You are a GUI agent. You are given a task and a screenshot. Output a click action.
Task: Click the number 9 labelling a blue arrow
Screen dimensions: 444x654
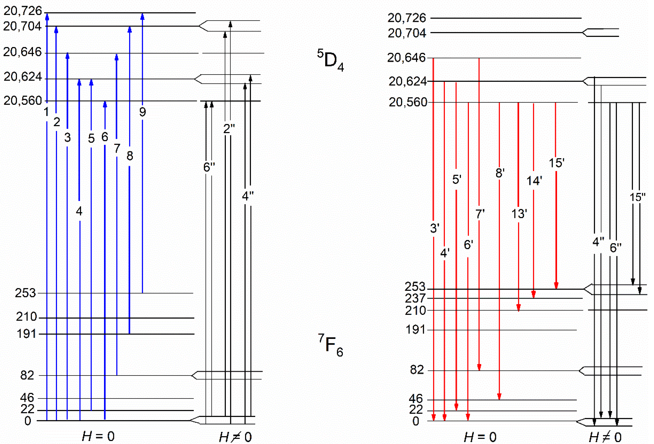click(x=142, y=112)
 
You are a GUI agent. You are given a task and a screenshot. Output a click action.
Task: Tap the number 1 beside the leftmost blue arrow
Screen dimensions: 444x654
click(x=46, y=112)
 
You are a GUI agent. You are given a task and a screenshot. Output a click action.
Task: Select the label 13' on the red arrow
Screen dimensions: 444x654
click(x=519, y=214)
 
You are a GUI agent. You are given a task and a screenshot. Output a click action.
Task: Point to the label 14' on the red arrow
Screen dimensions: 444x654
click(x=534, y=181)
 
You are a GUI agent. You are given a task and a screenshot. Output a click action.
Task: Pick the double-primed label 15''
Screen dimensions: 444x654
click(x=637, y=197)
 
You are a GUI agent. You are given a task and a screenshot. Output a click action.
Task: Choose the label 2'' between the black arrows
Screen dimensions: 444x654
click(x=229, y=129)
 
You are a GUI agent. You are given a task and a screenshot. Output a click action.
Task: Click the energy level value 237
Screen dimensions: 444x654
click(x=415, y=298)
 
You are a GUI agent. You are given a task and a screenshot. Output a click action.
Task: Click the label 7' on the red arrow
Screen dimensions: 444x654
click(x=480, y=214)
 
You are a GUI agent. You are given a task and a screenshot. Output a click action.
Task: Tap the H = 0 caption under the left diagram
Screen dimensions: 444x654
click(x=98, y=436)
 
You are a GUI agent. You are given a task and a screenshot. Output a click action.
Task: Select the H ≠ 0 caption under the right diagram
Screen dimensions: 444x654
click(x=605, y=437)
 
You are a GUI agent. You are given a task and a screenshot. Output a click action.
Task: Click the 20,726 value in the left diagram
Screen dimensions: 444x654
click(x=23, y=11)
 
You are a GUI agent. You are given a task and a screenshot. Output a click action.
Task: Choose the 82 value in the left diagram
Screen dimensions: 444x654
click(x=27, y=375)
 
